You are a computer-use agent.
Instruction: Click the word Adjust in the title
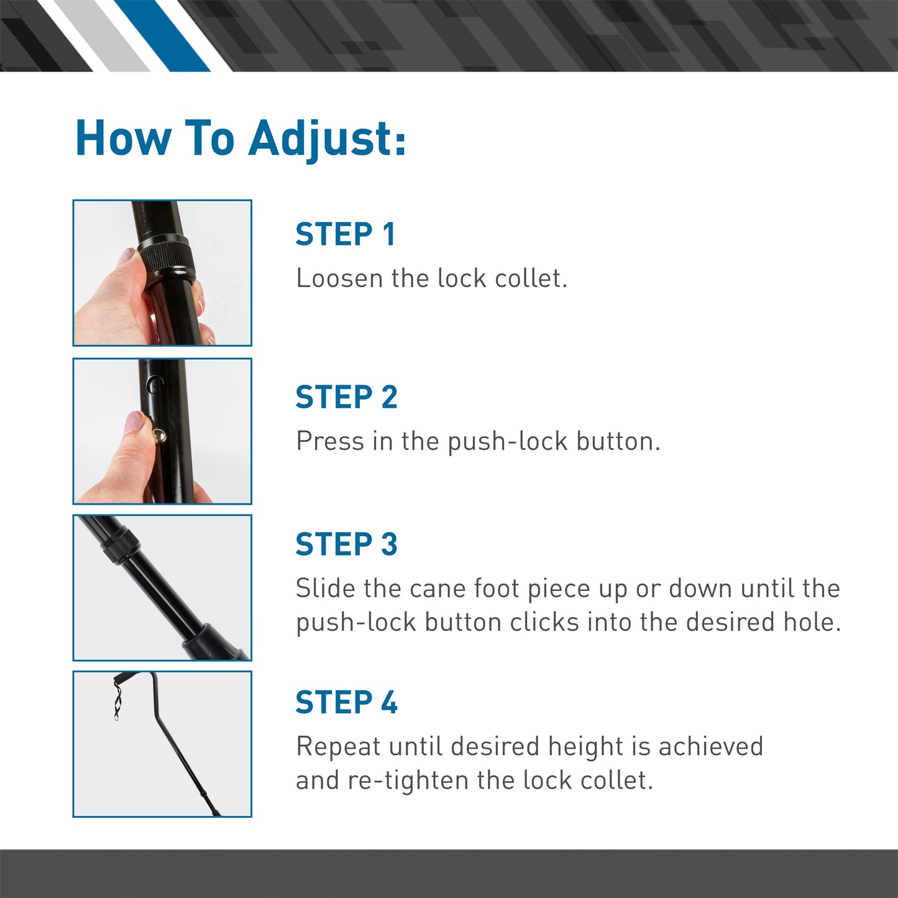326,138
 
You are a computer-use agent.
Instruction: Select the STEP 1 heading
345,234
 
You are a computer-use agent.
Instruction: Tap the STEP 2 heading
346,397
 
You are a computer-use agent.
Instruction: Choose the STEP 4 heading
346,702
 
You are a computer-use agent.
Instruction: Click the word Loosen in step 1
339,278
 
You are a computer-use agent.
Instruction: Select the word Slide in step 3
326,589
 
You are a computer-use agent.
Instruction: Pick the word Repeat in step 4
337,746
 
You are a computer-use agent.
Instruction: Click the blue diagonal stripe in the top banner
163,35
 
